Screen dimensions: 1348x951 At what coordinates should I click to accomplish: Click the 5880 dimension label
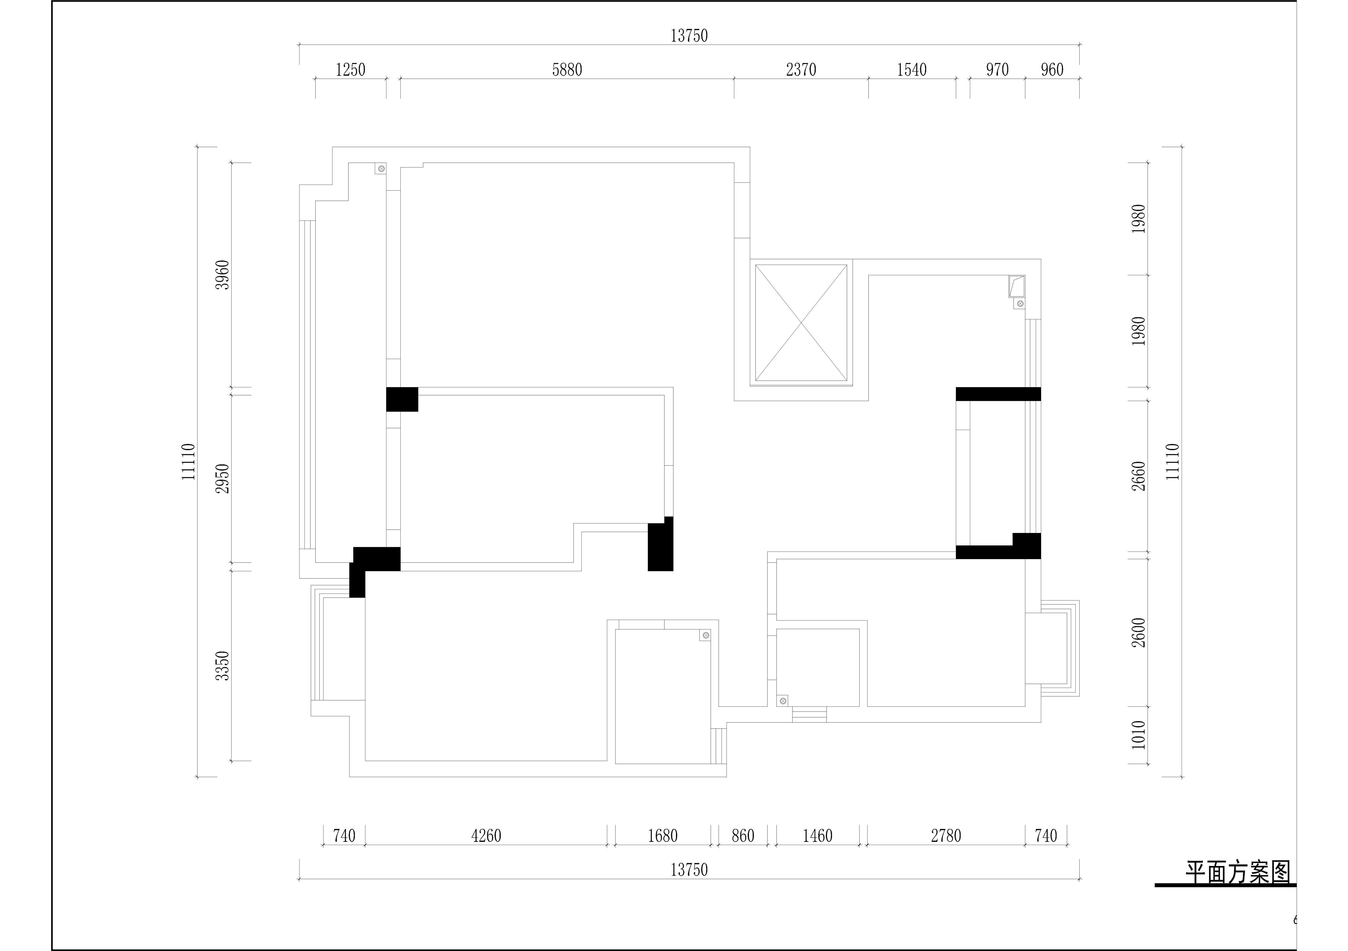click(x=567, y=70)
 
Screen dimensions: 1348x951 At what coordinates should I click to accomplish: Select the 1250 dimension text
click(x=351, y=70)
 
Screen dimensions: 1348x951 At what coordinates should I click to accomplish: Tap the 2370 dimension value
click(x=801, y=70)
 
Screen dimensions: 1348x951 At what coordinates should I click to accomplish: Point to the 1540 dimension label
click(x=912, y=70)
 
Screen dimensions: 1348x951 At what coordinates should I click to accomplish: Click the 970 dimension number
click(x=997, y=70)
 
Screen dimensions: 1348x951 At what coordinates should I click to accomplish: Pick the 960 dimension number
click(x=1052, y=70)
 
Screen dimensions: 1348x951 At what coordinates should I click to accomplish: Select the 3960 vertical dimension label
click(x=222, y=275)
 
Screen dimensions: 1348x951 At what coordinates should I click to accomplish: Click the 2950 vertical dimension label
click(x=222, y=478)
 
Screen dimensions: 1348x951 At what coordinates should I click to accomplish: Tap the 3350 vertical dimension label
click(x=222, y=666)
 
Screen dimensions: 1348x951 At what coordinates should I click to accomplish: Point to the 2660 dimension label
click(x=1139, y=476)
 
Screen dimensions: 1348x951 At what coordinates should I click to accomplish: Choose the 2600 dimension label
click(x=1139, y=633)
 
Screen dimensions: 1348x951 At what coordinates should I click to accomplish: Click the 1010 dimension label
click(x=1139, y=735)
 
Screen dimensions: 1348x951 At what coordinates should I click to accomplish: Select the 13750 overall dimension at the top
click(x=689, y=36)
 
